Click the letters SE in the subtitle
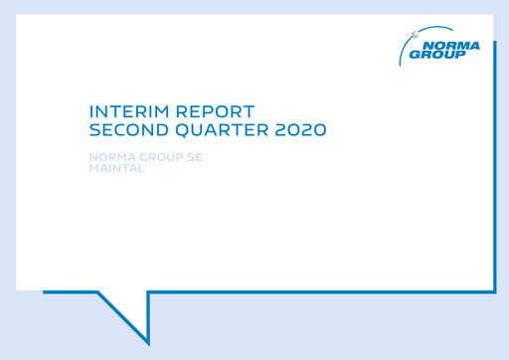pyautogui.click(x=195, y=157)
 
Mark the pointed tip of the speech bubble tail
pyautogui.click(x=148, y=343)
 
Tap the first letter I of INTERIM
pyautogui.click(x=91, y=112)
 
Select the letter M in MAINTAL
pyautogui.click(x=94, y=167)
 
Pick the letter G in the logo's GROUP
pyautogui.click(x=417, y=55)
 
